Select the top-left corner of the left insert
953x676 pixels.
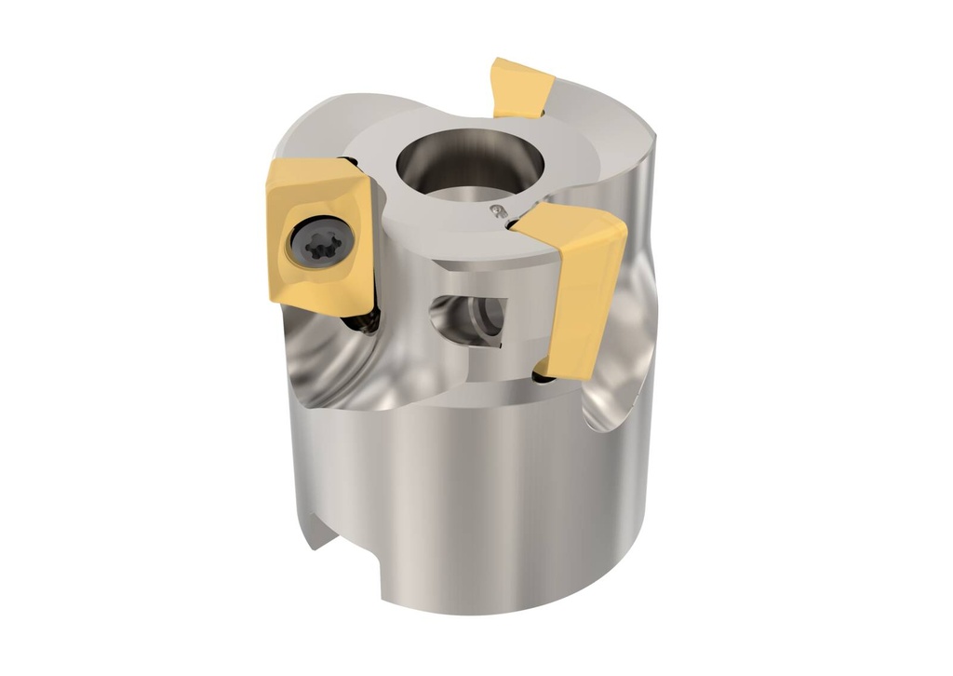(x=274, y=169)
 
